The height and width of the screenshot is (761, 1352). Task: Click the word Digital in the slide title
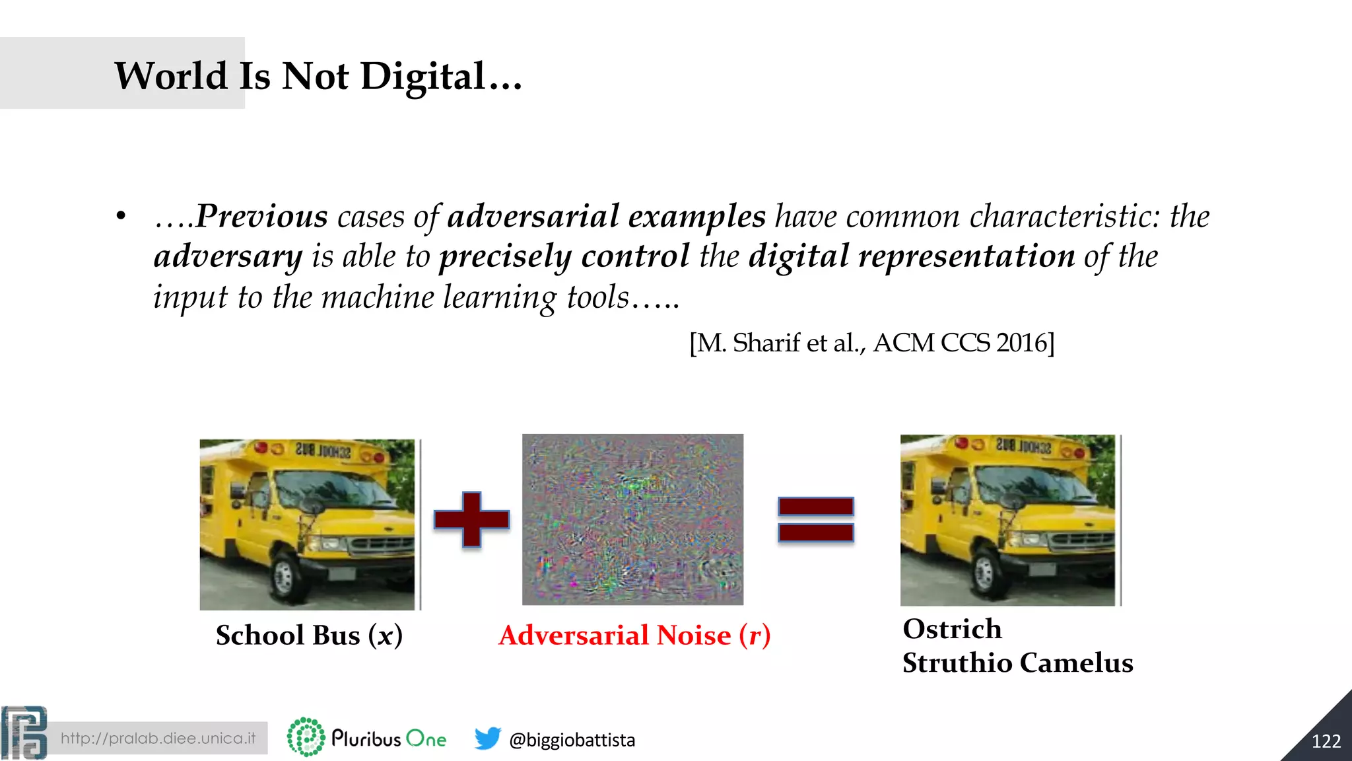[422, 77]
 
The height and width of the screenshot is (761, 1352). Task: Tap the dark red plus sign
[471, 519]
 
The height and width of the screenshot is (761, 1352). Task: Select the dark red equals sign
[816, 519]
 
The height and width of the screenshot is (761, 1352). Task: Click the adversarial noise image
[632, 519]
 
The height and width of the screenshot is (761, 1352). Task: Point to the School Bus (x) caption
[309, 635]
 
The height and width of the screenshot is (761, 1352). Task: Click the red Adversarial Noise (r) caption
[634, 635]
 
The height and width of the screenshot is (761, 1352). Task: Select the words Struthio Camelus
[1017, 663]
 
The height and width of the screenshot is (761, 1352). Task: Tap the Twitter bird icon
[487, 739]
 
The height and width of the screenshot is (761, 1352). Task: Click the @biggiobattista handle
[572, 740]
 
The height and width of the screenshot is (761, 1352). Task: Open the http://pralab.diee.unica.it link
[158, 738]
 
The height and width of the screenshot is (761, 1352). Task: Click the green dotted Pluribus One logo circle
[306, 737]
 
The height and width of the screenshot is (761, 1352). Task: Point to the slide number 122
[1326, 741]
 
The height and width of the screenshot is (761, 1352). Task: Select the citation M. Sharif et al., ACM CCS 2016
[871, 343]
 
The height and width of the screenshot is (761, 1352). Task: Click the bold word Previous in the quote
[261, 216]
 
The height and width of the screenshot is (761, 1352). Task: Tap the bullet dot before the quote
[120, 217]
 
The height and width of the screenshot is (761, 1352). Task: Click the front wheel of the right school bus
[985, 573]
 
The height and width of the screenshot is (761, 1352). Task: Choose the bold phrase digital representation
[912, 256]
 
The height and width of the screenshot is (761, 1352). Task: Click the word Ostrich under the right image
[952, 629]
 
